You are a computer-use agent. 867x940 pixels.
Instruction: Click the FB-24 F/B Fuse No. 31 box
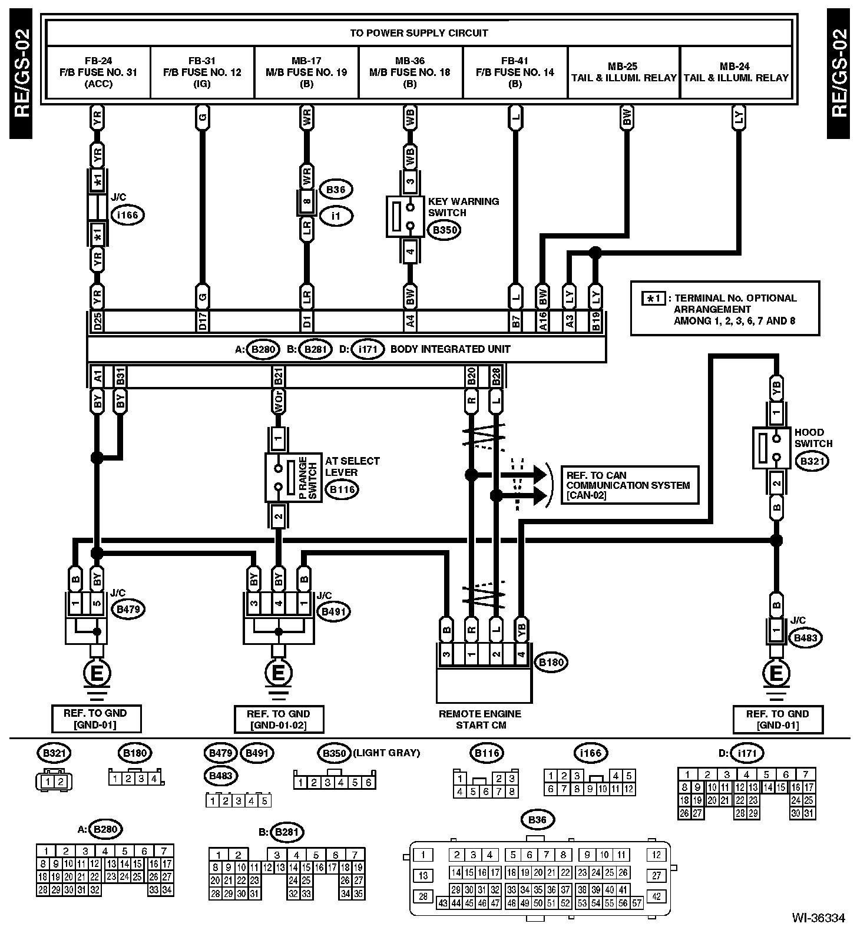click(x=98, y=72)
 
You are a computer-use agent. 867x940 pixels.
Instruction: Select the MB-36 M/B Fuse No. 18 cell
click(x=410, y=72)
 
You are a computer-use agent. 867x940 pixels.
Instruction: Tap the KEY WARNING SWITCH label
click(x=463, y=207)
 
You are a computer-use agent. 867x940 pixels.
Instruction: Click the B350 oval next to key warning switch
click(x=444, y=230)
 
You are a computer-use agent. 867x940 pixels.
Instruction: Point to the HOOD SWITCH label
click(x=813, y=438)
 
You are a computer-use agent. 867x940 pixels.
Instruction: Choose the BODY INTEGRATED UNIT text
click(x=450, y=349)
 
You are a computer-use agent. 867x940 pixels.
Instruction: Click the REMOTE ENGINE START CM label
click(x=480, y=719)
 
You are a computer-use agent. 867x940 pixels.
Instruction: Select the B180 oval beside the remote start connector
click(x=551, y=662)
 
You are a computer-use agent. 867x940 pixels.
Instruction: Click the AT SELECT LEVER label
click(x=352, y=466)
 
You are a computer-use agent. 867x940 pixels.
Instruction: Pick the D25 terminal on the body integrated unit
click(x=98, y=321)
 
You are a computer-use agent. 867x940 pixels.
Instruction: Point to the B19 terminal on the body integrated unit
click(x=596, y=321)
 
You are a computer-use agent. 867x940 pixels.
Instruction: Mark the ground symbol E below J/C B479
click(x=98, y=673)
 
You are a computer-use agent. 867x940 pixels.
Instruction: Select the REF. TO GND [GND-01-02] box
click(x=279, y=719)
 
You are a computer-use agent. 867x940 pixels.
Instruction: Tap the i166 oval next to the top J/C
click(x=127, y=215)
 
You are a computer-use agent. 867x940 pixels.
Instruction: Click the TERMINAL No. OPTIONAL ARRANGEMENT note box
click(x=724, y=309)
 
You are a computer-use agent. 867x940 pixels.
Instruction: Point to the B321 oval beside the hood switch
click(x=813, y=461)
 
